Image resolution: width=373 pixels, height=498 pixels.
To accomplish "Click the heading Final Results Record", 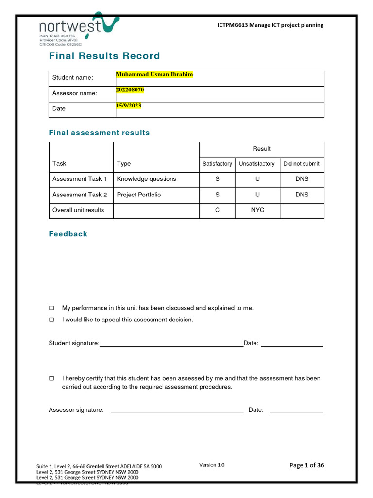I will coord(104,56).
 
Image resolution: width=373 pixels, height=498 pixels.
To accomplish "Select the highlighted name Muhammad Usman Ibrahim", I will coord(154,74).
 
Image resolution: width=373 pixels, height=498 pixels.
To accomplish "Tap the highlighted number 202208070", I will coord(130,90).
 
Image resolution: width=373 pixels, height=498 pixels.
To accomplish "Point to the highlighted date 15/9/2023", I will coord(128,106).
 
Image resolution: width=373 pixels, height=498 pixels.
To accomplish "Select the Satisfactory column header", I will coord(217,164).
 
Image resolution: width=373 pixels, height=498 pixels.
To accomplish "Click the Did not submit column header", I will coord(301,164).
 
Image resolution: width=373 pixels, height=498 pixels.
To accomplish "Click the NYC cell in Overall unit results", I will coord(257,211).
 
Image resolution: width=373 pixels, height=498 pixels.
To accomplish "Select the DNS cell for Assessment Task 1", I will coord(302,179).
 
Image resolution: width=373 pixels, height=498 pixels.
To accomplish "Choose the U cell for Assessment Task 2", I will coord(257,195).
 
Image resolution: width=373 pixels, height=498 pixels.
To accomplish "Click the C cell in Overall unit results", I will coord(217,211).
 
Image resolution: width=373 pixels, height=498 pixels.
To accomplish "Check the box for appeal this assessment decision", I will coord(51,320).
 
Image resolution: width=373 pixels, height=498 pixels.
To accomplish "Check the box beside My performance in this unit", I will coord(51,308).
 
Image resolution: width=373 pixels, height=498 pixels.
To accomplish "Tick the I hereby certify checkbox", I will coord(51,378).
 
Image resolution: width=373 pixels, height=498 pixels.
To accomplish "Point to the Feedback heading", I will coord(68,234).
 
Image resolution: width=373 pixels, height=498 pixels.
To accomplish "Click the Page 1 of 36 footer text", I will coord(306,465).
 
